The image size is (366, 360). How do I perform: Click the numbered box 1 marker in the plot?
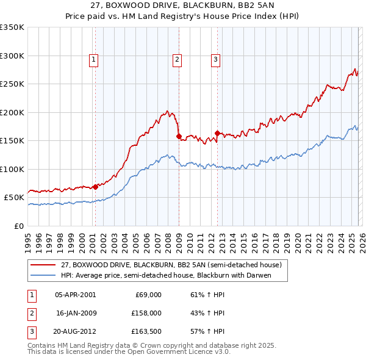tap(93, 59)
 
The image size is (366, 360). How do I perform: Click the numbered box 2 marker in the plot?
tap(177, 59)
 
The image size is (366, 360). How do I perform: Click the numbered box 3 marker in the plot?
tap(215, 59)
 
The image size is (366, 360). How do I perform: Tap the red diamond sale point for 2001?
tap(95, 187)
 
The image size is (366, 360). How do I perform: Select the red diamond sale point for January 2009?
tap(179, 137)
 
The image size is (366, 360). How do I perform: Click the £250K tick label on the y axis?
tap(12, 84)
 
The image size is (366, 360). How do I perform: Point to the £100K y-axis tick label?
tap(12, 169)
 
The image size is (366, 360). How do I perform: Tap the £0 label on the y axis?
tap(18, 226)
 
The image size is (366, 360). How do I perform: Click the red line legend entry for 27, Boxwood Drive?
tap(171, 265)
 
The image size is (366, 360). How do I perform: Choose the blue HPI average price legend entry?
tap(165, 275)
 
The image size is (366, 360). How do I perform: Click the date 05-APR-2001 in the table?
tap(75, 295)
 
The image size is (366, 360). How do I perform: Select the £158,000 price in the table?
tap(146, 313)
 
